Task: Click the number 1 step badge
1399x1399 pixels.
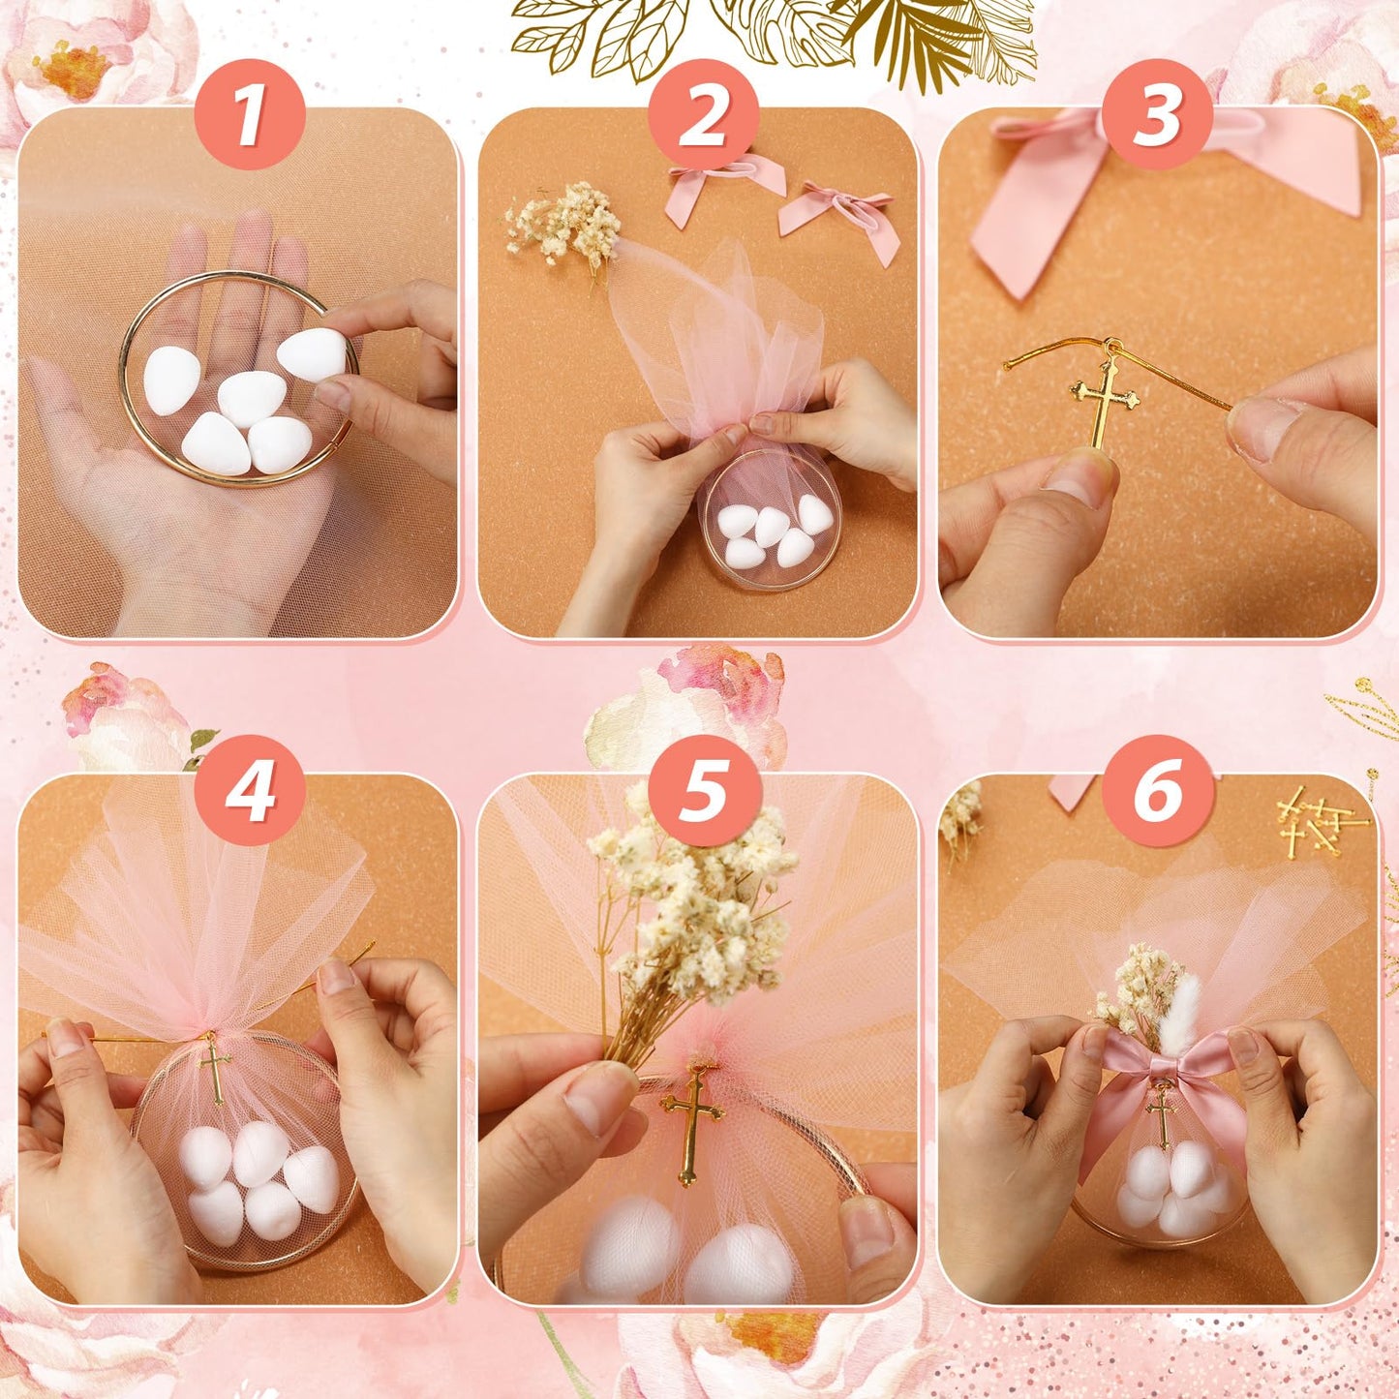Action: [x=250, y=114]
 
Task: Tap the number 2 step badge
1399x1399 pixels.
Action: [x=704, y=114]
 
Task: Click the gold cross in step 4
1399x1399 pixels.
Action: [x=214, y=1068]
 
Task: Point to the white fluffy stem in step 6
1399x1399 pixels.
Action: [x=1180, y=1012]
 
